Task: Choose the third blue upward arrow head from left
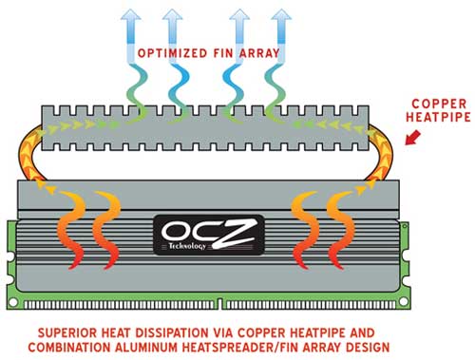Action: click(239, 16)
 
